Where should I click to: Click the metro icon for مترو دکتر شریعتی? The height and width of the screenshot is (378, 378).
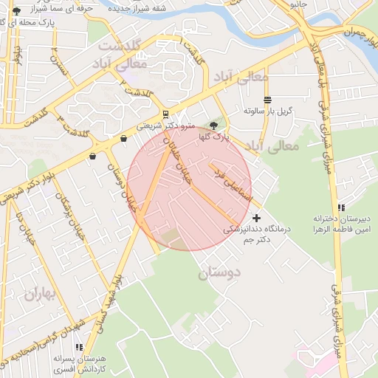click(x=165, y=114)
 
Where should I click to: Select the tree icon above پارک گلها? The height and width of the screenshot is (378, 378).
click(x=214, y=126)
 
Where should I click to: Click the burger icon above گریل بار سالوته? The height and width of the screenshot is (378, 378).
click(x=267, y=100)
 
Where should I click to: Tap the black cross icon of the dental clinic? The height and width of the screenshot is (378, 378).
click(x=256, y=218)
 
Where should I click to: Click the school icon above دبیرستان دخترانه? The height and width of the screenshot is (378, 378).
click(x=340, y=208)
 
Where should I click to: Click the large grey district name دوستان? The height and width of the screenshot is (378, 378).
click(x=219, y=274)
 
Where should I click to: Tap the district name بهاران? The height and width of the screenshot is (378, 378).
click(x=39, y=295)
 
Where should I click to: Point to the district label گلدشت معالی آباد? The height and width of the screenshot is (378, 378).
click(x=123, y=55)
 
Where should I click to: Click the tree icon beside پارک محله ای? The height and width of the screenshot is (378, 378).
click(x=17, y=10)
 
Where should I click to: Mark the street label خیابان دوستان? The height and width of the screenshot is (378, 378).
click(x=122, y=185)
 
